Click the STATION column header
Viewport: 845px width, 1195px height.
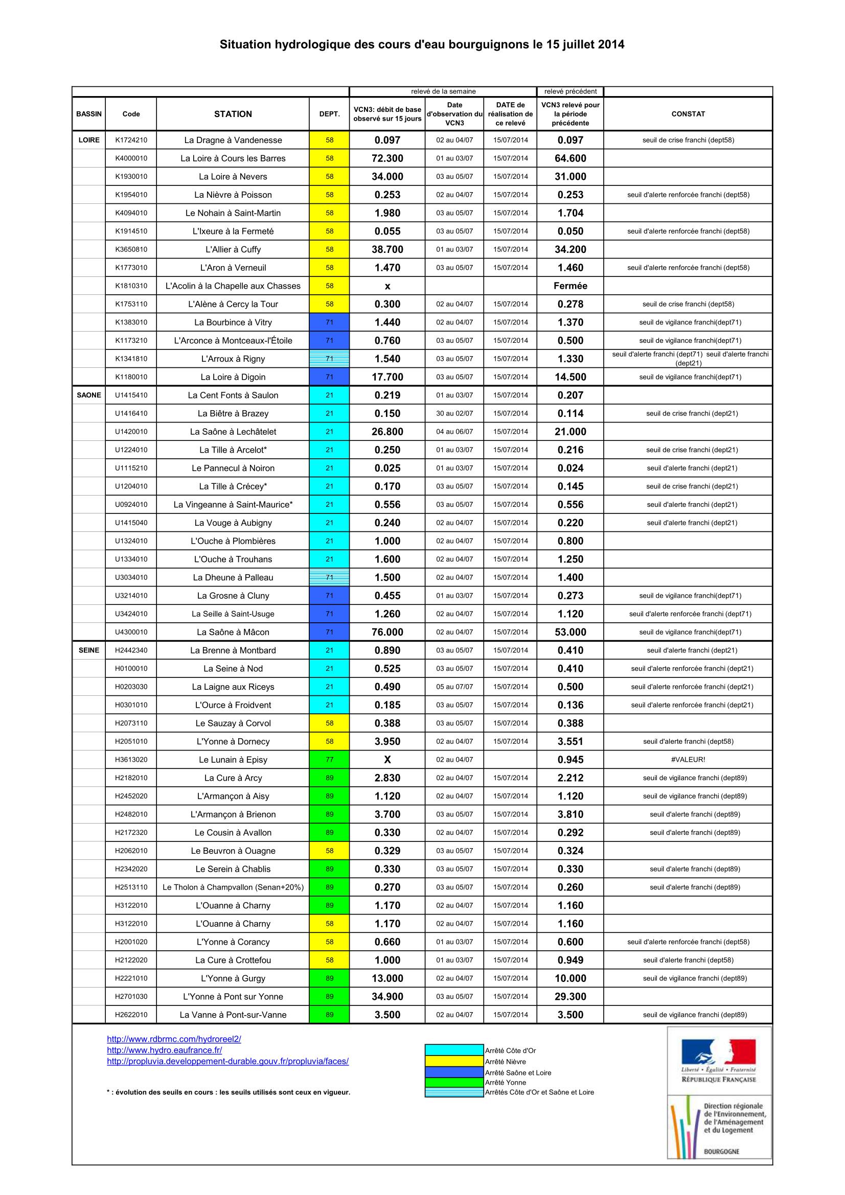coord(233,114)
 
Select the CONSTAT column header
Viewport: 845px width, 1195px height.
coord(688,114)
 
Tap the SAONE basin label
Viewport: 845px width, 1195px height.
coord(89,395)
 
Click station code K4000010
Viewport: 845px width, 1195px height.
coord(131,158)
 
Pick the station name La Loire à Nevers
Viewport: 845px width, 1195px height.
coord(233,176)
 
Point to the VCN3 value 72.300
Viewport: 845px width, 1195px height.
coord(387,158)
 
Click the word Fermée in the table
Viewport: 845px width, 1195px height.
coord(570,286)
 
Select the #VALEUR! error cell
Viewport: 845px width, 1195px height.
coord(688,759)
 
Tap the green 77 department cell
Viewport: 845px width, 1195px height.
coord(329,759)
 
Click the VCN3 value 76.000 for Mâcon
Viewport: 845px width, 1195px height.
coord(387,632)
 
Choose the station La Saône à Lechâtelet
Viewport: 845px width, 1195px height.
coord(233,432)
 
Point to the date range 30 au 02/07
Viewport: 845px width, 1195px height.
coord(454,413)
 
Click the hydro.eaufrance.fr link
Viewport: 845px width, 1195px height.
coord(165,1050)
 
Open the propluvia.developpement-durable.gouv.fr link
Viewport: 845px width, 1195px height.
coord(227,1061)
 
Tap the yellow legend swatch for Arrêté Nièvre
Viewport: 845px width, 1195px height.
coord(454,1062)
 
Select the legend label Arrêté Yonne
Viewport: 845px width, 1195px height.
coord(505,1083)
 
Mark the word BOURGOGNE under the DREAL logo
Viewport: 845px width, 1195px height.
coord(721,1152)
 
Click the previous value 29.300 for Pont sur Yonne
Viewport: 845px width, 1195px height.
coord(570,996)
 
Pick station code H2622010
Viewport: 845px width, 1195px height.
coord(131,1015)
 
